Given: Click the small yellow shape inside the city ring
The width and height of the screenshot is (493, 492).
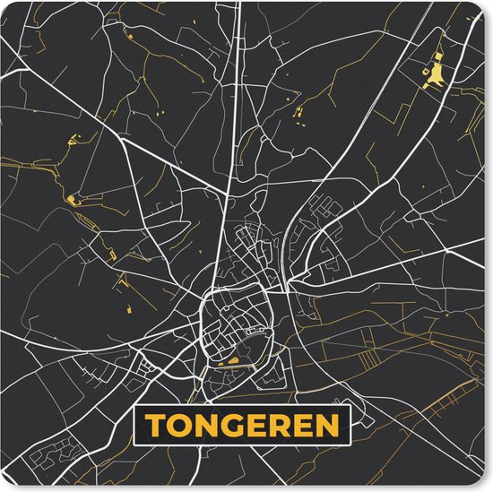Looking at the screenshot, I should point(235,361).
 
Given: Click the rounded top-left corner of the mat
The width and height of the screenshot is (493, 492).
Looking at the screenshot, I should point(7,7).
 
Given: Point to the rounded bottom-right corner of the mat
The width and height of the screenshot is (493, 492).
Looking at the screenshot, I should point(485,484).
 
